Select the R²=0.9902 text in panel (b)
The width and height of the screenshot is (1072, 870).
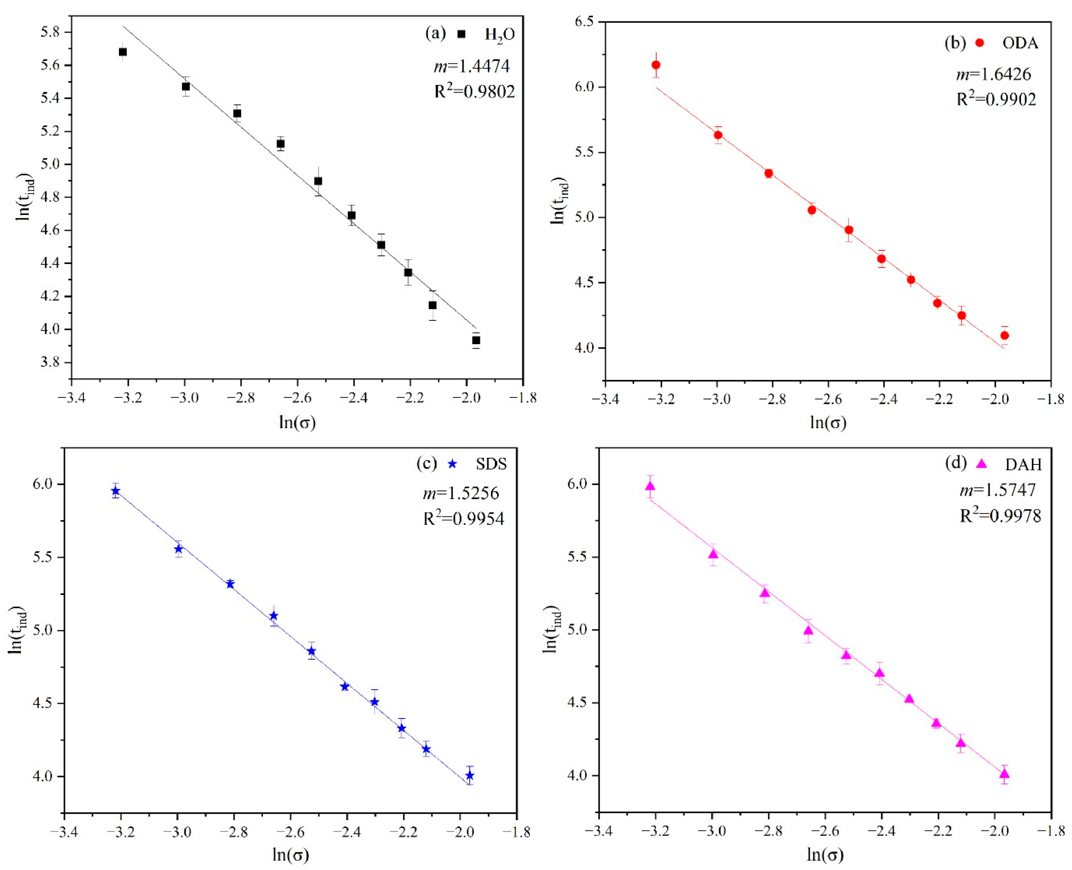pyautogui.click(x=996, y=99)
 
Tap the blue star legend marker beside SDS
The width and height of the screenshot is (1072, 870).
pyautogui.click(x=452, y=464)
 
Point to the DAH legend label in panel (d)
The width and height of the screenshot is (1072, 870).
pyautogui.click(x=1023, y=464)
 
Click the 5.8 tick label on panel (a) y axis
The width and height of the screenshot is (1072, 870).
pyautogui.click(x=49, y=33)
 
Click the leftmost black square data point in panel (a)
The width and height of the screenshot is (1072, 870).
pyautogui.click(x=123, y=51)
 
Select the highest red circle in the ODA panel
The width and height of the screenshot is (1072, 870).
pyautogui.click(x=656, y=65)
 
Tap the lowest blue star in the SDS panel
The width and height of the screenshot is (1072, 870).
pyautogui.click(x=470, y=776)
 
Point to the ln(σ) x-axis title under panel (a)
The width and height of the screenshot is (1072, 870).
pyautogui.click(x=298, y=422)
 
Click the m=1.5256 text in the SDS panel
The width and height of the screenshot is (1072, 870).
pyautogui.click(x=461, y=493)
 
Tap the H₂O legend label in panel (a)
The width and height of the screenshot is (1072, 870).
pyautogui.click(x=500, y=35)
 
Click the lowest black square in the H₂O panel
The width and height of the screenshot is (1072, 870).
pyautogui.click(x=476, y=340)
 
